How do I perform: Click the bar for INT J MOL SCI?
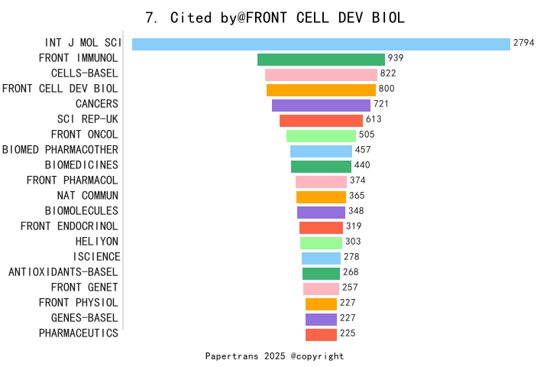tap(321, 44)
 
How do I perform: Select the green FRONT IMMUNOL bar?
tap(321, 60)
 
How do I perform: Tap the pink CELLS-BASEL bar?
tap(321, 75)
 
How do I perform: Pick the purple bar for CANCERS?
tap(321, 106)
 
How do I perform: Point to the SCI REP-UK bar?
tap(321, 121)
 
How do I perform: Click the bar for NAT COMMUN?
tap(321, 197)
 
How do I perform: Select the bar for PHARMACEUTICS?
tap(321, 335)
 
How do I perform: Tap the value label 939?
tap(396, 59)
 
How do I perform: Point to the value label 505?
tap(367, 135)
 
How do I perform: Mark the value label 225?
tap(348, 334)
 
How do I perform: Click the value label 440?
tap(362, 166)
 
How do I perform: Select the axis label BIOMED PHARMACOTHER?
tap(60, 150)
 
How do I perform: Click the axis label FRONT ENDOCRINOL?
tap(70, 226)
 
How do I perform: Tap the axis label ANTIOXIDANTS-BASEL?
tap(63, 272)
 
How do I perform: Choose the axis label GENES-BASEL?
tap(85, 318)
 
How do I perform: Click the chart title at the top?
tap(275, 18)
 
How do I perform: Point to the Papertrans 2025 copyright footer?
tap(275, 356)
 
